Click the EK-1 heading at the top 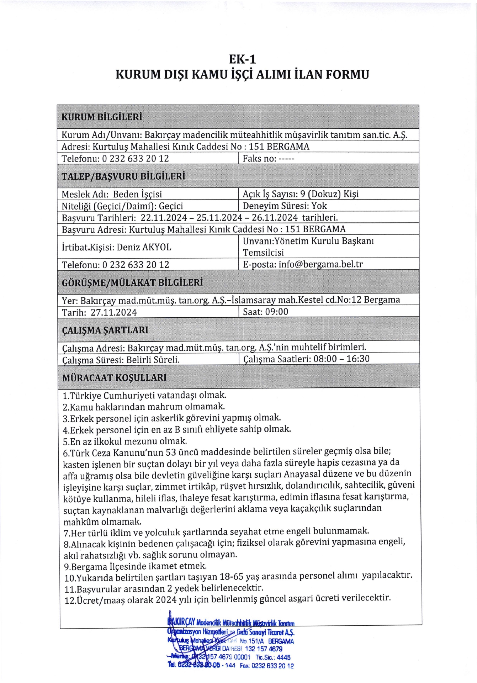tap(243, 59)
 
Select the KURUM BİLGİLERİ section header tap(102, 117)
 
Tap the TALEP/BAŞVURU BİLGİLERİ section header tap(123, 176)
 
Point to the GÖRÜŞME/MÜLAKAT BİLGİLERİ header tap(132, 282)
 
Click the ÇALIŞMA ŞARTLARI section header tap(105, 330)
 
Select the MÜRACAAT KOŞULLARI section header tap(114, 377)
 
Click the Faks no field tap(268, 159)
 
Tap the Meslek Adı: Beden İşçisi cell tap(112, 194)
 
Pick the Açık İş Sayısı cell tap(301, 194)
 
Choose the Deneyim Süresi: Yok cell tap(285, 206)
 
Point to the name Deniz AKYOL tap(144, 247)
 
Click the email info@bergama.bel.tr tap(320, 264)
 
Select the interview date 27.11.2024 tap(114, 312)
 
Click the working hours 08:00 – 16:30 tap(341, 359)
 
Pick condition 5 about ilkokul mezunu tap(125, 441)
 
